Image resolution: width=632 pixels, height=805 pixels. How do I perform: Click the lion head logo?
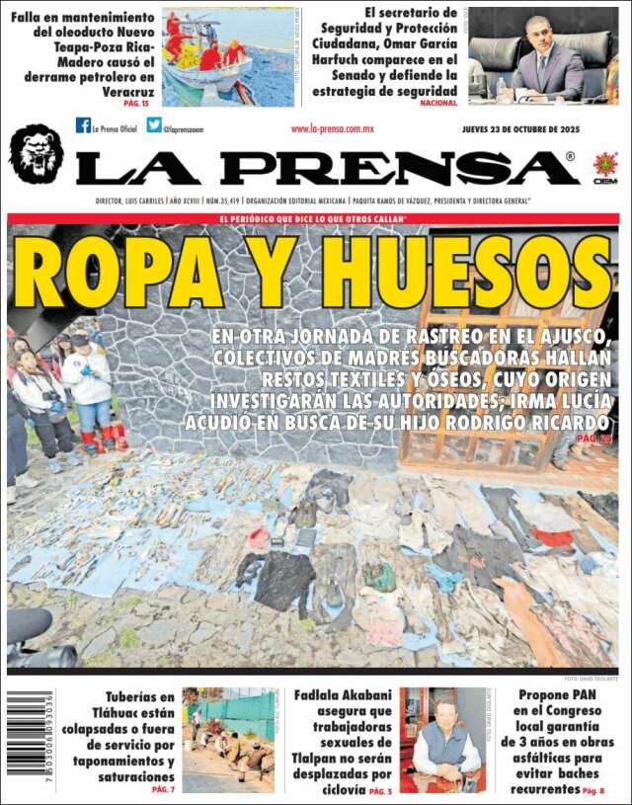36,154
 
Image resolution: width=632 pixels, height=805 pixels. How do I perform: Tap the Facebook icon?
83,125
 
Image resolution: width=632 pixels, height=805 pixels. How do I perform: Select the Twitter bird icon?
154,125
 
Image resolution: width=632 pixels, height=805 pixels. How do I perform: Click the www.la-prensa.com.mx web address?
332,129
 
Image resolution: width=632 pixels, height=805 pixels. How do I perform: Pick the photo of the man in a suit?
542,56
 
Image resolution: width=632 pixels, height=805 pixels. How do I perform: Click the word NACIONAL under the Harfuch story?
438,103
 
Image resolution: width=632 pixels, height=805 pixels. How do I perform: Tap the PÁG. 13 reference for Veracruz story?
136,103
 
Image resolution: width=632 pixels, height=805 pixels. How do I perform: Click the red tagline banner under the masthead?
313,218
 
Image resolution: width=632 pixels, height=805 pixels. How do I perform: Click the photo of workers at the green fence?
228,740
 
